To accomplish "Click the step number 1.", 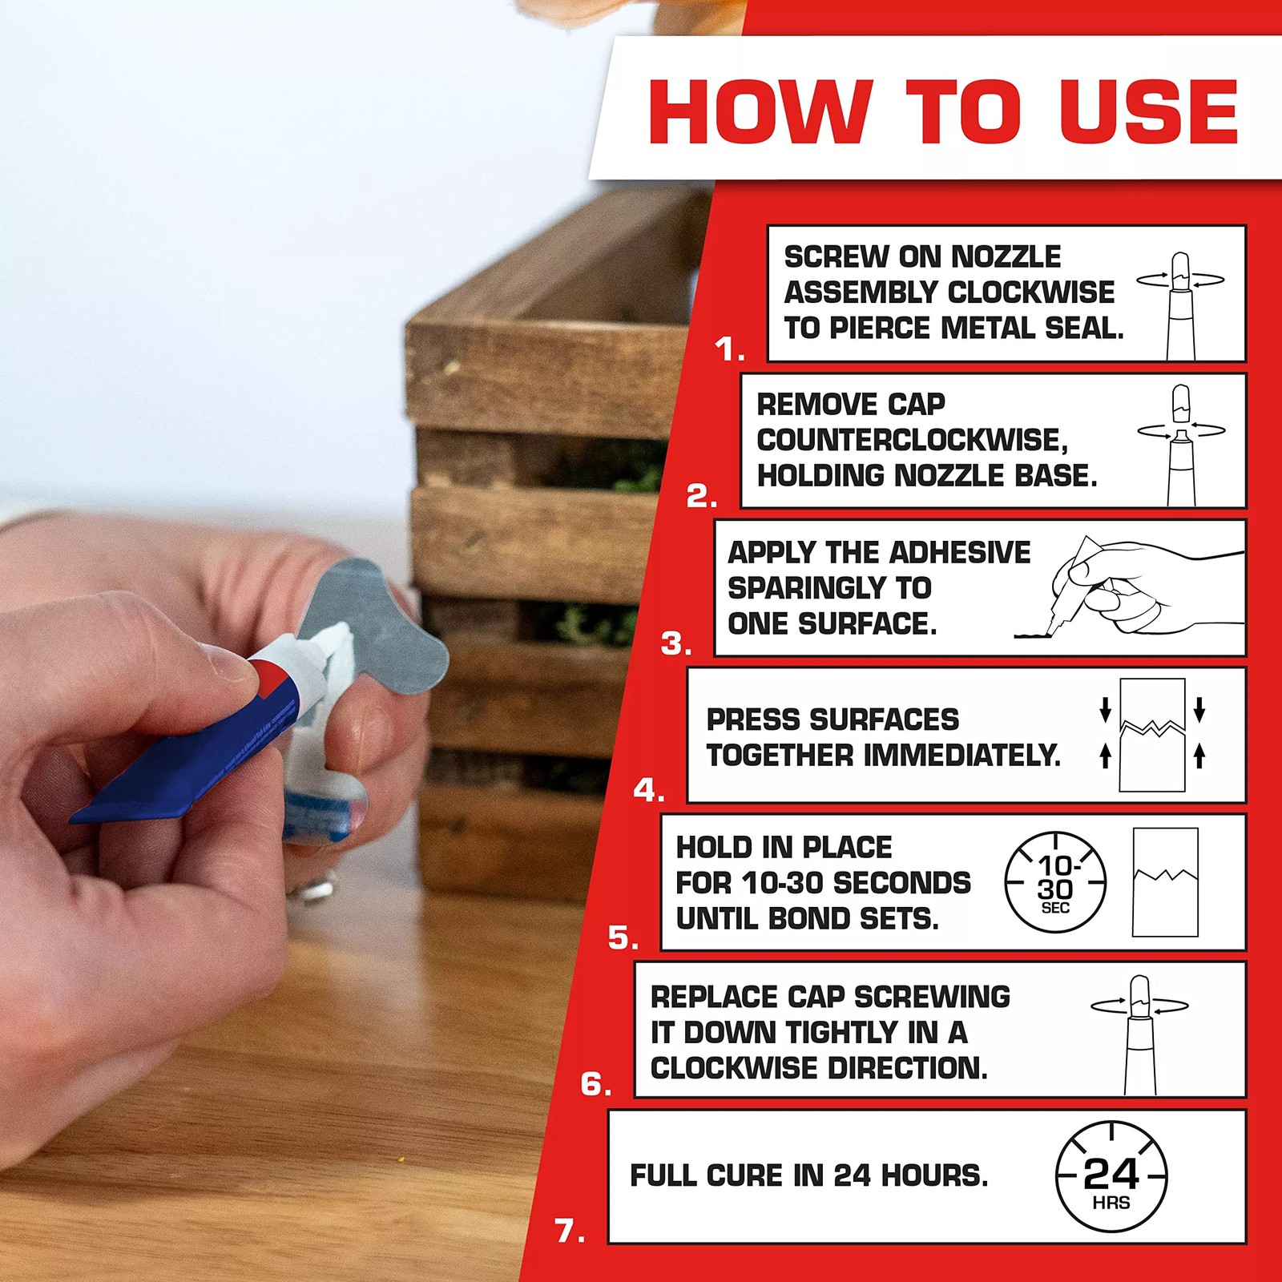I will click(x=728, y=349).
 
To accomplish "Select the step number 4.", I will click(x=647, y=791).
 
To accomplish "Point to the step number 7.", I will click(x=569, y=1231).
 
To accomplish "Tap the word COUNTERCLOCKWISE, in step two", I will click(x=912, y=440).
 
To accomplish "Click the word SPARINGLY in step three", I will click(x=829, y=588).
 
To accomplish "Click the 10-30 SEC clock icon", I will click(x=1055, y=883).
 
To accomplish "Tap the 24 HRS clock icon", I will click(x=1111, y=1177).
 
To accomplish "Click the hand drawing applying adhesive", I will click(x=1130, y=587).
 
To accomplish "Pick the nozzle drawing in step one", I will click(x=1181, y=304).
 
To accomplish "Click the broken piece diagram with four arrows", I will click(x=1152, y=734).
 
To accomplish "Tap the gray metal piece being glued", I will click(x=377, y=633).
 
